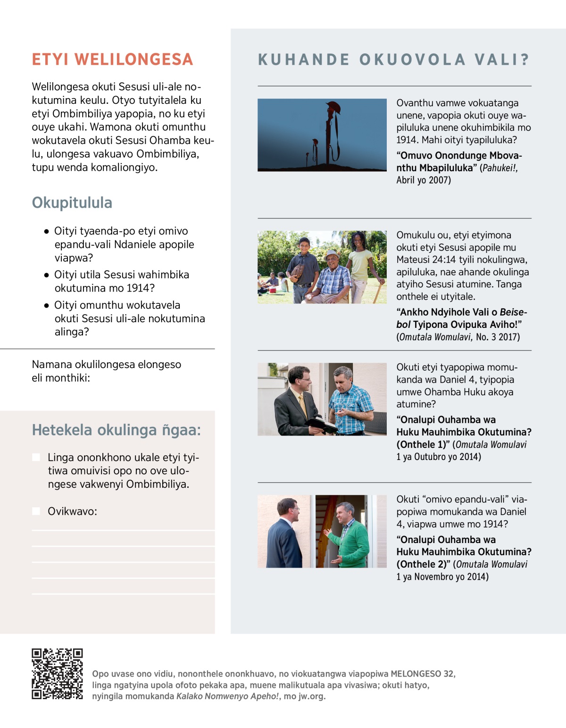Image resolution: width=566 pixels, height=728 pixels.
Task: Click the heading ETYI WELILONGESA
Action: [112, 59]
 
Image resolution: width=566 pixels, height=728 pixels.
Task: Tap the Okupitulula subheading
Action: [72, 203]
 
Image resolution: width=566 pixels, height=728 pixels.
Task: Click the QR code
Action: [57, 674]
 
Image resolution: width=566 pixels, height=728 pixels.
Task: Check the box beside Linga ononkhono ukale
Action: [36, 457]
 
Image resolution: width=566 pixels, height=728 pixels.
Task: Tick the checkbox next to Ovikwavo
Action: [36, 511]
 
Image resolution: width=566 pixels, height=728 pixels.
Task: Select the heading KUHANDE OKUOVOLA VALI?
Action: [394, 60]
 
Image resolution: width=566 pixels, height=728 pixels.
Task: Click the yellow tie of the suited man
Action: [302, 404]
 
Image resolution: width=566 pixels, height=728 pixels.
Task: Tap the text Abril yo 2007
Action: [424, 180]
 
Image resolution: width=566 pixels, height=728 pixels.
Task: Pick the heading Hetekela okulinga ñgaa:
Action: [116, 430]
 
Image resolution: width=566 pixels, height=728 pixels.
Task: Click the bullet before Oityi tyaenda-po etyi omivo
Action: [46, 232]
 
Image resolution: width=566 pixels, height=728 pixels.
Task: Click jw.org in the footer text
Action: [311, 696]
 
